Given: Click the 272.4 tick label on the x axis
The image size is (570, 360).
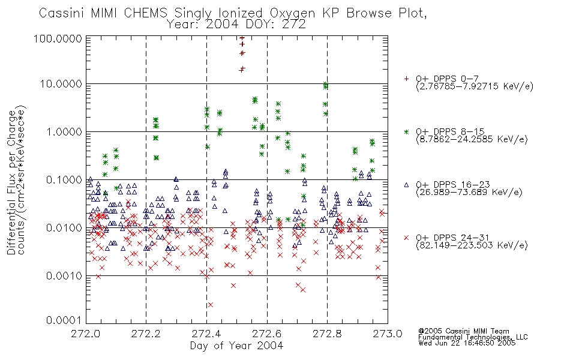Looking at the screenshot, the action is click(x=206, y=334).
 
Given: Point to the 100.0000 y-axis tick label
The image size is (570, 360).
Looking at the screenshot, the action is click(x=58, y=38).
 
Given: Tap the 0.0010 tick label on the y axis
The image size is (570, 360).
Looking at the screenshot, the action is click(x=64, y=276).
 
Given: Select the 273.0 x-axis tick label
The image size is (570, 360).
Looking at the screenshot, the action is click(x=388, y=334).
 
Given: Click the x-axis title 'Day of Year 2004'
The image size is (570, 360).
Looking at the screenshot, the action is click(x=236, y=346).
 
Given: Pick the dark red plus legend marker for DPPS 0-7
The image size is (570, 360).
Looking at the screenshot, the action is click(x=406, y=79).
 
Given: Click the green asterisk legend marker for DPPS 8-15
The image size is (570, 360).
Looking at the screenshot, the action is click(x=406, y=131).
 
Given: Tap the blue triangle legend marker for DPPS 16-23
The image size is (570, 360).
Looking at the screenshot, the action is click(x=406, y=185).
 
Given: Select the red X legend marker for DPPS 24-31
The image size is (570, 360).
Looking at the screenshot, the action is click(x=406, y=238).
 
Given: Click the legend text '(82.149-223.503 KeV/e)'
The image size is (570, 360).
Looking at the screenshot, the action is click(x=472, y=245).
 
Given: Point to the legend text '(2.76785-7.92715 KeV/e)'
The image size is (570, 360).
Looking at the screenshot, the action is click(x=475, y=86).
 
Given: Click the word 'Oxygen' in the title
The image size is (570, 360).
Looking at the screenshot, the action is click(x=292, y=14).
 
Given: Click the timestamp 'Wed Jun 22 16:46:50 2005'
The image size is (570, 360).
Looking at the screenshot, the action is click(x=467, y=343).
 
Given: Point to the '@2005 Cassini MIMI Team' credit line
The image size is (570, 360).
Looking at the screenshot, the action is click(x=464, y=331).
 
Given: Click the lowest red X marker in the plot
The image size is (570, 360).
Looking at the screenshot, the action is click(x=210, y=305).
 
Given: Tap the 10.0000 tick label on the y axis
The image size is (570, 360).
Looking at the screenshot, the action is click(x=61, y=84).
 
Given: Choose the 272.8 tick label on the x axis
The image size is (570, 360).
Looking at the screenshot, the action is click(x=327, y=334).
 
